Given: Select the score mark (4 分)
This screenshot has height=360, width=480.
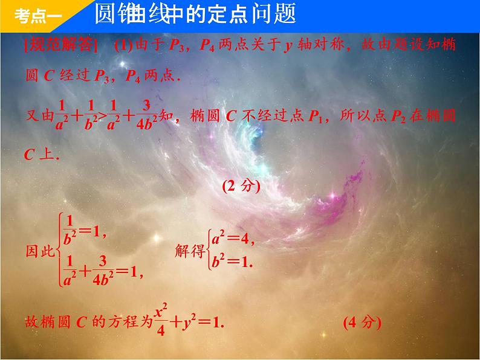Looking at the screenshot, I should click(362, 323).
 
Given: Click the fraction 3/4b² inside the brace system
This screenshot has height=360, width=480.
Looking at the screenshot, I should click(104, 272).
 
